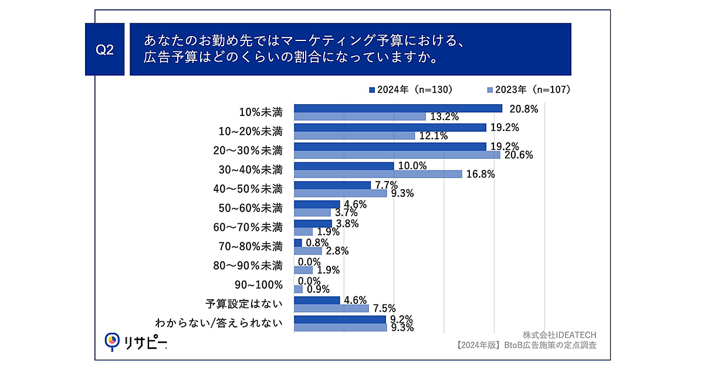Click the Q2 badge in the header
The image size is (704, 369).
[104, 50]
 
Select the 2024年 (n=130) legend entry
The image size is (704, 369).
[410, 90]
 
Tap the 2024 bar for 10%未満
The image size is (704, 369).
[398, 108]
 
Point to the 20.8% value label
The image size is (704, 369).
[524, 108]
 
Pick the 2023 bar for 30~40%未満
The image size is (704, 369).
[378, 174]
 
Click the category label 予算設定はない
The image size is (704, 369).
[244, 304]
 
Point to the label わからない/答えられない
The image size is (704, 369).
[218, 323]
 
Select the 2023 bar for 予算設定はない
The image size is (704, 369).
[331, 308]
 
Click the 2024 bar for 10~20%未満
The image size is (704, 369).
[390, 127]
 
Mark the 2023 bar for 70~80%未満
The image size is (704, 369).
[307, 251]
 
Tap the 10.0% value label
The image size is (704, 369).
[412, 166]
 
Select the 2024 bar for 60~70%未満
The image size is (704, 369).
[313, 223]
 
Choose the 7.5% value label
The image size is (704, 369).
[384, 308]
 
